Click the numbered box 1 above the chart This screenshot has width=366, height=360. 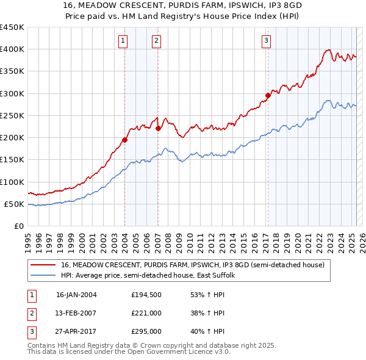point(124,41)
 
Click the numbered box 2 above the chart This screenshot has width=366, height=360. point(157,41)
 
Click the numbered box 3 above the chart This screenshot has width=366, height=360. point(267,41)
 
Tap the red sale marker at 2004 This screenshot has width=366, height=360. point(124,140)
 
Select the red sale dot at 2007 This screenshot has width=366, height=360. point(158,128)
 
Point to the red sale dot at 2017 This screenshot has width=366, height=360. point(268,95)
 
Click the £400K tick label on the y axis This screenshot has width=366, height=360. point(12,49)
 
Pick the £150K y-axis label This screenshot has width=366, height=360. point(12,160)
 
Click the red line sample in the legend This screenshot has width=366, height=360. point(44,265)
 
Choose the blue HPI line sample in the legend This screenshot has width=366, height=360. point(44,275)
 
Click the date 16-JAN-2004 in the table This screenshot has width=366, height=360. point(76,294)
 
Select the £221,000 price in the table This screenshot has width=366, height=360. point(146,313)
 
